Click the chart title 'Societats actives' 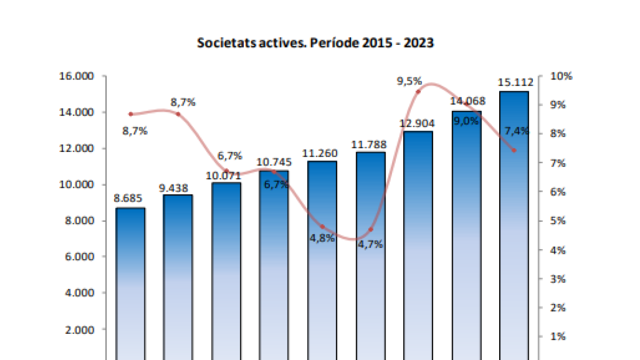pyautogui.click(x=315, y=43)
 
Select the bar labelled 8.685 pyautogui.click(x=130, y=283)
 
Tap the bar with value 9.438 pyautogui.click(x=178, y=277)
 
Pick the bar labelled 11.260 pyautogui.click(x=322, y=261)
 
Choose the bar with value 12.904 pyautogui.click(x=418, y=245)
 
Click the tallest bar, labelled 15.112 pyautogui.click(x=514, y=224)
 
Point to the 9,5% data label pyautogui.click(x=410, y=82)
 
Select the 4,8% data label pyautogui.click(x=322, y=238)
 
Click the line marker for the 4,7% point pyautogui.click(x=371, y=229)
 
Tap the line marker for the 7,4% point pyautogui.click(x=514, y=150)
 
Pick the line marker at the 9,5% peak pyautogui.click(x=418, y=92)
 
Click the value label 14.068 pyautogui.click(x=466, y=101)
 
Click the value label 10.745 pyautogui.click(x=274, y=162)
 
